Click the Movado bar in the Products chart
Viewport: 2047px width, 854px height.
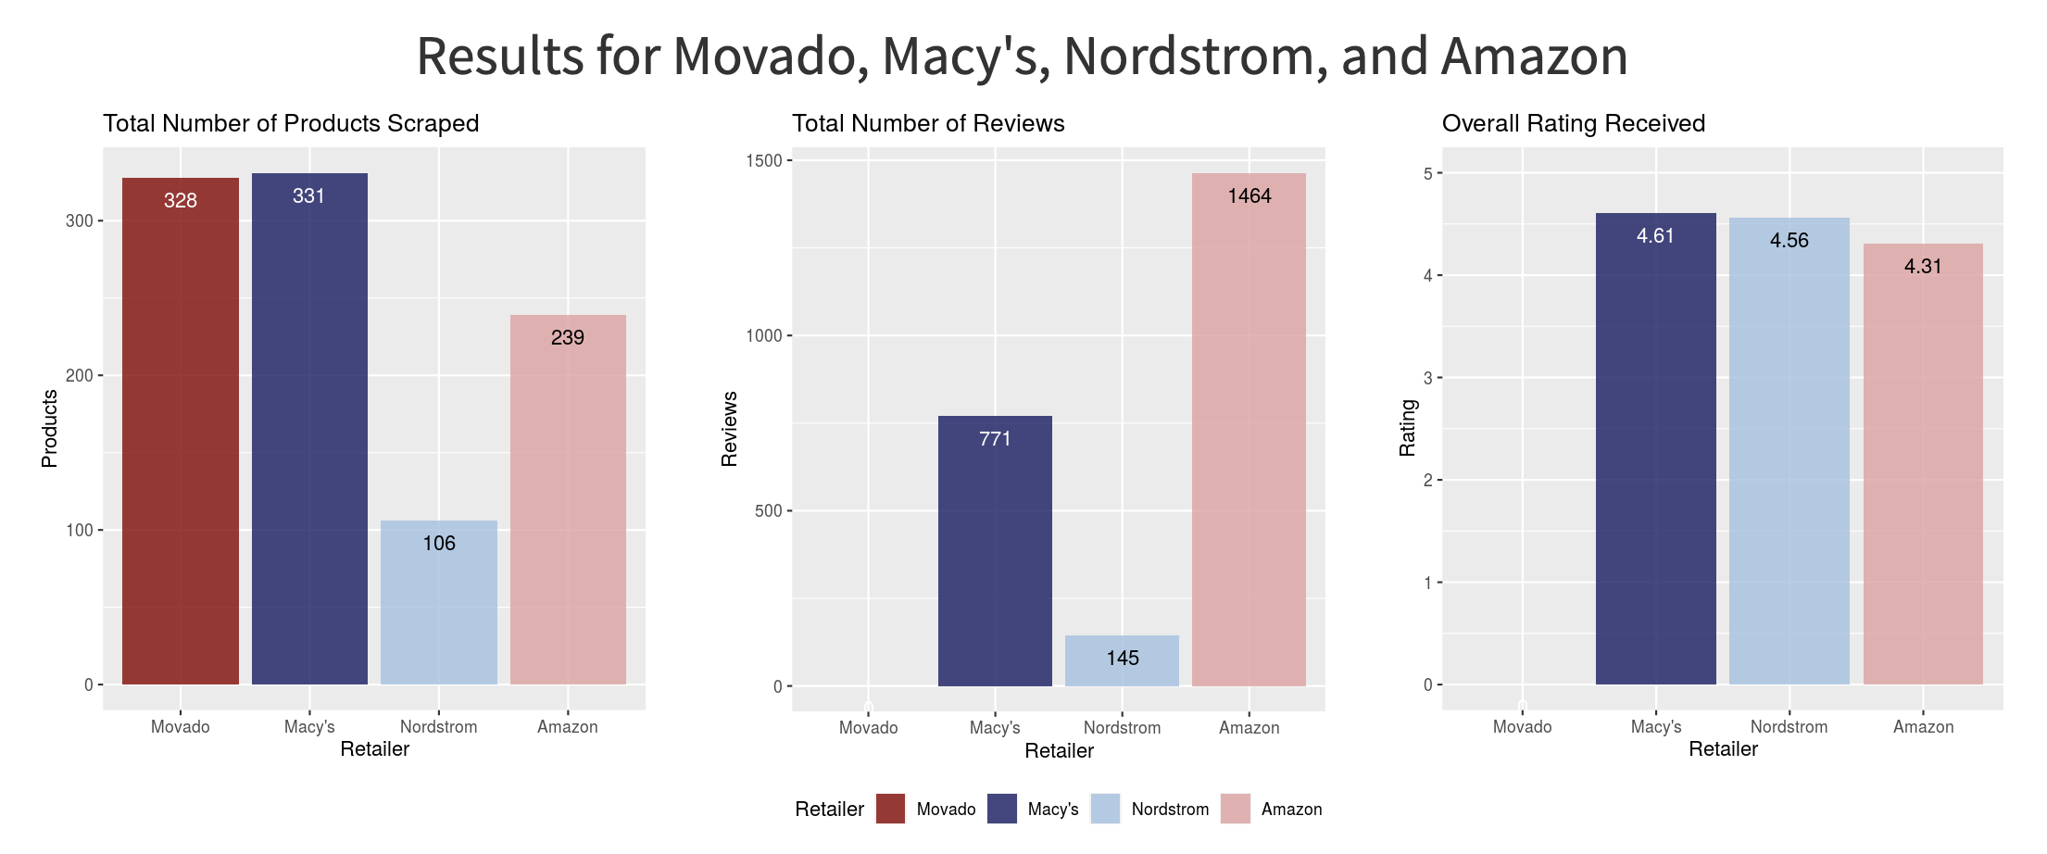point(181,431)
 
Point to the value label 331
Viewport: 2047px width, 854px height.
point(309,196)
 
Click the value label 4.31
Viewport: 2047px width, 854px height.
point(1923,267)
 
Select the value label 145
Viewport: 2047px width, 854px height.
point(1123,659)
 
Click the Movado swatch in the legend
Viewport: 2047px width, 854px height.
point(890,809)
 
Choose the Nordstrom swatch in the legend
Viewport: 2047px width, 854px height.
point(1106,809)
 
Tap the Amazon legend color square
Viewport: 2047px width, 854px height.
point(1236,809)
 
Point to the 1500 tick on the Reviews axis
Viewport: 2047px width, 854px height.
point(764,161)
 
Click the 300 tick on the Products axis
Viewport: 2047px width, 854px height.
point(80,221)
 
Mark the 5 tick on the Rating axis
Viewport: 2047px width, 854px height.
point(1428,174)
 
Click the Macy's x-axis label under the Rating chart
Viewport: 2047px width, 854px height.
point(1656,727)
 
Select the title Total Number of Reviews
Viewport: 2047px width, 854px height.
point(928,123)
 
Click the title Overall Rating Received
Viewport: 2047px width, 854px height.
point(1573,123)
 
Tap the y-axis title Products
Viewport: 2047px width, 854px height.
point(50,428)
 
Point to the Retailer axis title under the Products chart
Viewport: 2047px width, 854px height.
point(374,749)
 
